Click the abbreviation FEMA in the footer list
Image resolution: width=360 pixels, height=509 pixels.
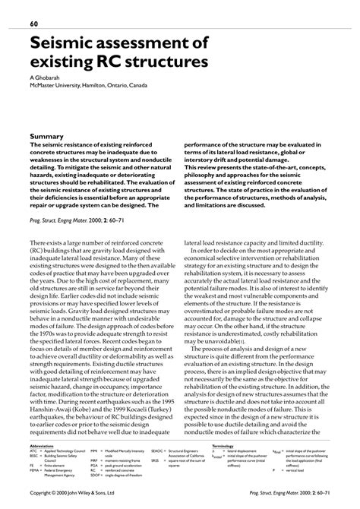coord(34,472)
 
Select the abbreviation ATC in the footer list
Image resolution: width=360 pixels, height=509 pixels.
coord(33,451)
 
